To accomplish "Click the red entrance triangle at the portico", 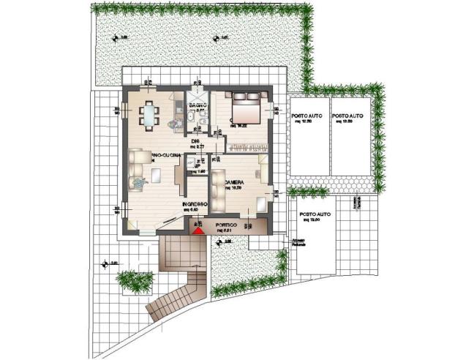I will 197,230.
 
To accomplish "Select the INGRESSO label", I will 195,204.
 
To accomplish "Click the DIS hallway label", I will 195,141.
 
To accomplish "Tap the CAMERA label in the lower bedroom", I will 234,182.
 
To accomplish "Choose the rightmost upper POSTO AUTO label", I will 347,116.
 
